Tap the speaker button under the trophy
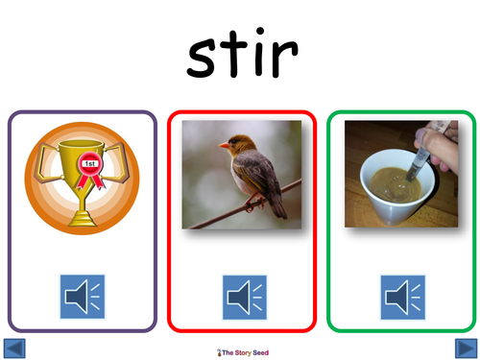[x=83, y=297]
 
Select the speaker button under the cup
[x=402, y=297]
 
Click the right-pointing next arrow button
[x=464, y=348]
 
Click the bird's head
[x=233, y=146]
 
